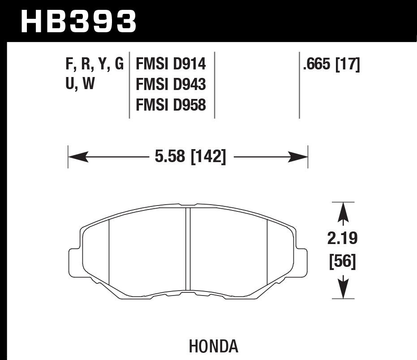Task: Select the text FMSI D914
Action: click(171, 64)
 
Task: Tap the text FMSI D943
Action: click(171, 85)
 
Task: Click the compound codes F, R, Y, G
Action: click(95, 64)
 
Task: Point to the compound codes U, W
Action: click(80, 85)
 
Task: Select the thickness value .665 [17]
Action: click(332, 64)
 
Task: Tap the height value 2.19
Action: click(343, 239)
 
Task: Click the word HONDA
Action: click(213, 346)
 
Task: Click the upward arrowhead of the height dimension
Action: click(343, 212)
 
